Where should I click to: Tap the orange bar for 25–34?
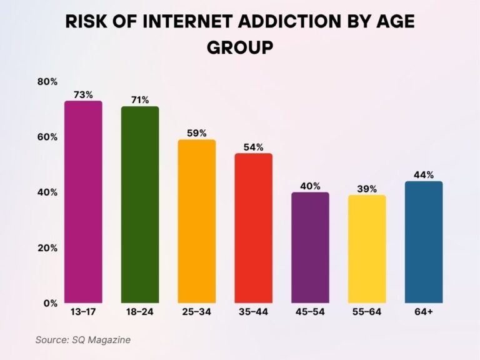point(197,221)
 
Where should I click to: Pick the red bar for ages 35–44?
point(253,228)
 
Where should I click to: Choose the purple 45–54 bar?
point(310,247)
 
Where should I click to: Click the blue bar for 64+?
point(424,242)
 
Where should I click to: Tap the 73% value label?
point(83,94)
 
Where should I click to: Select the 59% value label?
point(197,133)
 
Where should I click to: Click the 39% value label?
point(367,189)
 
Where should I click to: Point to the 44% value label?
point(424,175)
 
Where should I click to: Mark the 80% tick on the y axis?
point(47,82)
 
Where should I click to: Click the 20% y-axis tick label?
point(47,248)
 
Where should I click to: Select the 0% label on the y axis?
point(51,304)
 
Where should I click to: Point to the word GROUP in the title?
point(240,47)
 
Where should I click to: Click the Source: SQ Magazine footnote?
point(82,339)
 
